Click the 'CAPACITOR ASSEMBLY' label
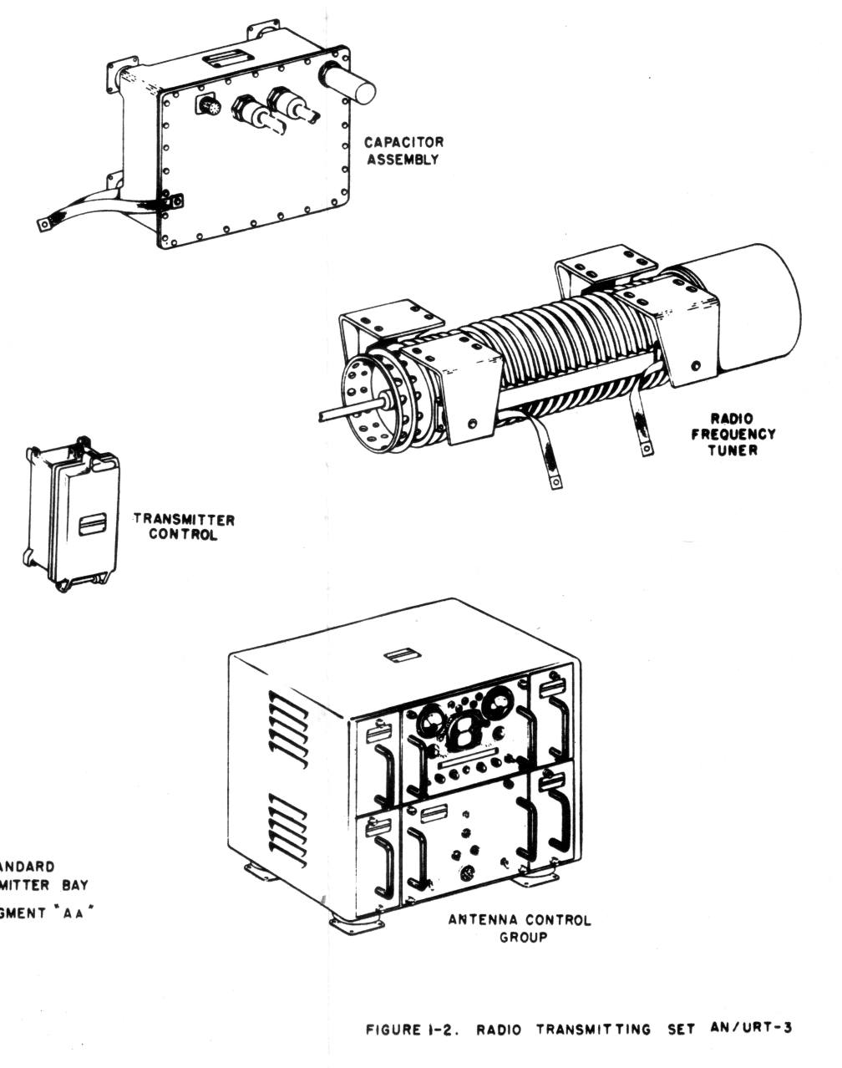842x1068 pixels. click(x=403, y=150)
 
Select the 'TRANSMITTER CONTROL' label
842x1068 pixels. click(x=184, y=527)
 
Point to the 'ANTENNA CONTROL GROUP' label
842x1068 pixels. click(x=520, y=928)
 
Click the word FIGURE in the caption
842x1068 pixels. click(x=393, y=1030)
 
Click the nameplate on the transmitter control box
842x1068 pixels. click(x=93, y=526)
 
